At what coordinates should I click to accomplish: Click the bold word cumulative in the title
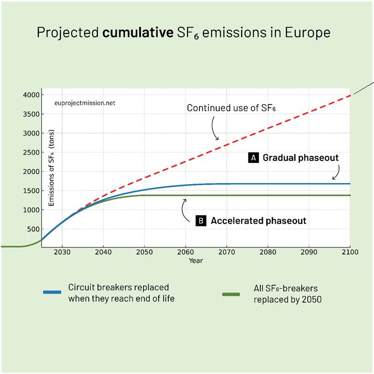[x=130, y=33]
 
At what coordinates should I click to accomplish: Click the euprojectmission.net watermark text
[x=85, y=103]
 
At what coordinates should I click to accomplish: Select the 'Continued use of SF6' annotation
[x=232, y=108]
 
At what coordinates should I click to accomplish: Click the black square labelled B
[x=201, y=221]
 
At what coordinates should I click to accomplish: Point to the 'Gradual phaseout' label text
[x=301, y=157]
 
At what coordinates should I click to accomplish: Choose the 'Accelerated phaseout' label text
[x=258, y=221]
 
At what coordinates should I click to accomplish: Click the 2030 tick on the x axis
[x=62, y=252]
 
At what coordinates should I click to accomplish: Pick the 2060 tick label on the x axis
[x=185, y=252]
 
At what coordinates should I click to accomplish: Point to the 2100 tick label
[x=350, y=252]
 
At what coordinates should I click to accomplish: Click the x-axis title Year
[x=196, y=260]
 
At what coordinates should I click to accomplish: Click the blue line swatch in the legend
[x=52, y=292]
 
